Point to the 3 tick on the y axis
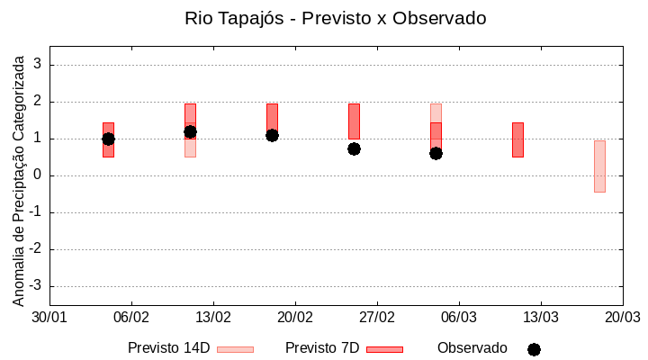click(38, 65)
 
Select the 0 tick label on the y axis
click(38, 175)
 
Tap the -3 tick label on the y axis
click(34, 286)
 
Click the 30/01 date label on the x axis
click(49, 318)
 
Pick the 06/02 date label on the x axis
click(131, 318)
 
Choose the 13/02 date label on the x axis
click(213, 318)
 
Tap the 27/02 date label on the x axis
click(377, 318)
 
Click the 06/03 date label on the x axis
click(459, 318)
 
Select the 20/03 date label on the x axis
click(622, 318)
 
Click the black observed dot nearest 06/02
click(108, 139)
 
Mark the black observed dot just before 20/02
click(272, 135)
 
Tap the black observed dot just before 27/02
click(354, 148)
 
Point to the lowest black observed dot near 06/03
click(436, 153)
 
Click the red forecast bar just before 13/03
click(517, 139)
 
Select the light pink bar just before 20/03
click(599, 166)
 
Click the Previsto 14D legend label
click(168, 348)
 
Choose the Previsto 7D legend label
click(322, 348)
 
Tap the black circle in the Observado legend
click(534, 349)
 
